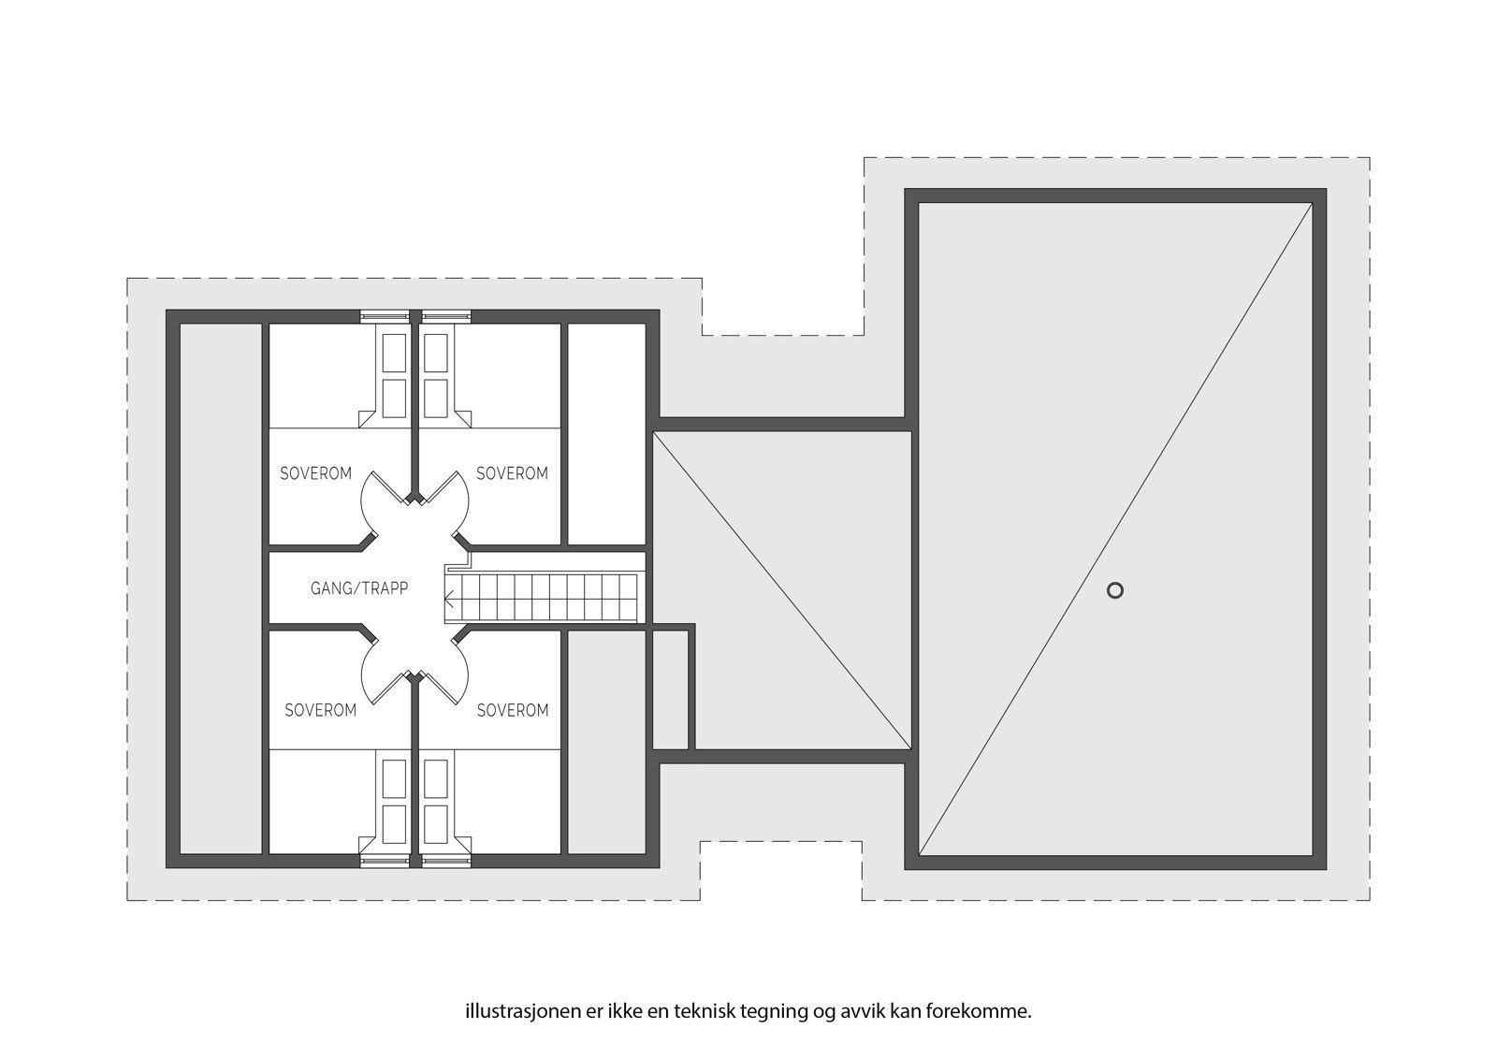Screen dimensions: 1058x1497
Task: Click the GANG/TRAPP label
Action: point(359,589)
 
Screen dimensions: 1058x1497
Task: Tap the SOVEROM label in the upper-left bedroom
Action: point(316,473)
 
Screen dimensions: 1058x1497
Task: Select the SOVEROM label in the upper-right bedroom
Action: point(512,473)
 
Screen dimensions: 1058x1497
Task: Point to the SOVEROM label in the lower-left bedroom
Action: point(320,710)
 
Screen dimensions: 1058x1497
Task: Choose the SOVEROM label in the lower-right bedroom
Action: point(513,710)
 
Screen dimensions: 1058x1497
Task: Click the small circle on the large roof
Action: point(1114,590)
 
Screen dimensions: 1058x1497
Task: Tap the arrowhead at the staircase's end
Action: point(449,600)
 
